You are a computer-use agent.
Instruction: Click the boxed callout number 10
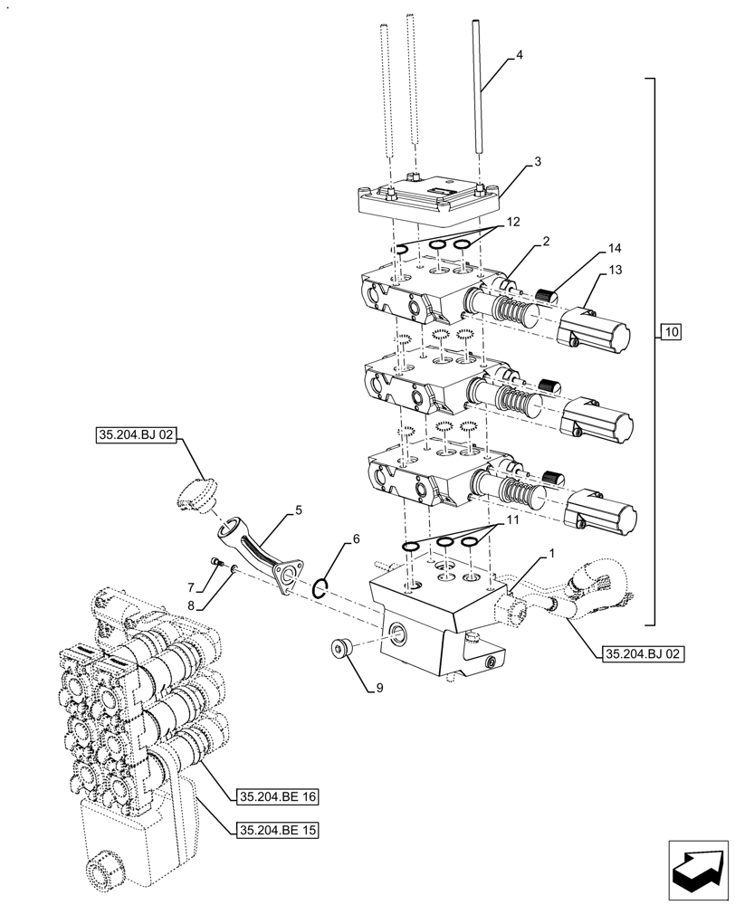click(671, 332)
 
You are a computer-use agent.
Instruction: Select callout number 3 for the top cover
click(537, 162)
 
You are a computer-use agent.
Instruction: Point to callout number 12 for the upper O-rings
click(513, 222)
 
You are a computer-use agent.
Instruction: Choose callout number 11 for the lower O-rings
click(513, 522)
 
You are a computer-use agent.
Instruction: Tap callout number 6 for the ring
click(356, 538)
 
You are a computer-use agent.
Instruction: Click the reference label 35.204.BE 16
click(277, 797)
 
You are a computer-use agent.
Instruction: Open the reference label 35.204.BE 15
click(277, 829)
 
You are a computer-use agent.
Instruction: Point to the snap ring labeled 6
click(320, 589)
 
